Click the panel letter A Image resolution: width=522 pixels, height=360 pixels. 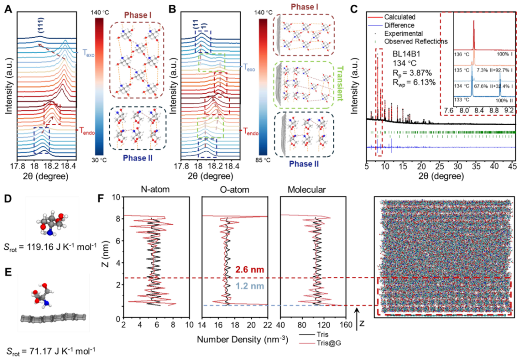(x=8, y=8)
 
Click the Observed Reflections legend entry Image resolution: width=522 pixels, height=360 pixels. (x=416, y=42)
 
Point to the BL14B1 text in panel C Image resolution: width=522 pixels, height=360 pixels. (x=406, y=56)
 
